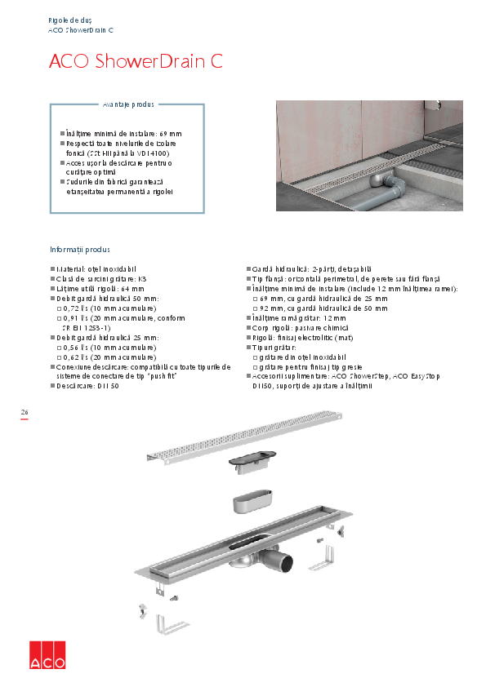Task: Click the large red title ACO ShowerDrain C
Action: click(136, 62)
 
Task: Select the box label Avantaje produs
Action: click(128, 104)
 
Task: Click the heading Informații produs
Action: click(79, 250)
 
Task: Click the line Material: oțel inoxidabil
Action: click(95, 269)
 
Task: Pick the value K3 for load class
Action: click(142, 279)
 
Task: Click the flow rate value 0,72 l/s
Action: click(78, 308)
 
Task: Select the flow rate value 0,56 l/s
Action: click(78, 347)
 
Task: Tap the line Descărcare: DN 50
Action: click(87, 385)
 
